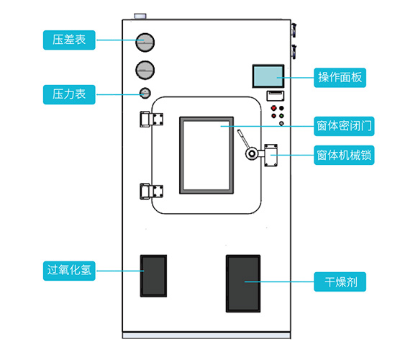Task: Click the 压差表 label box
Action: click(69, 40)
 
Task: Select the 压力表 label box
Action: click(69, 94)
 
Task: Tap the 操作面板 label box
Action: click(340, 78)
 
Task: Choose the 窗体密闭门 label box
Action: click(344, 126)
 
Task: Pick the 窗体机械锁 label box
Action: click(344, 155)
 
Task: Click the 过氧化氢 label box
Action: click(69, 271)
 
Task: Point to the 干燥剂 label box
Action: click(340, 282)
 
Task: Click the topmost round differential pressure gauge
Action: click(145, 42)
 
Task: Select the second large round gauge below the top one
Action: click(145, 70)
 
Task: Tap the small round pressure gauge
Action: click(145, 93)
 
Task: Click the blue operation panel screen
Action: click(268, 76)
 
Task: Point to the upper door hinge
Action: click(151, 119)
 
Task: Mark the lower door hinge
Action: click(151, 192)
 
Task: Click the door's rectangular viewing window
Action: click(206, 156)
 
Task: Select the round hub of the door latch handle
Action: click(251, 153)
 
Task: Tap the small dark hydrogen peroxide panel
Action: click(153, 276)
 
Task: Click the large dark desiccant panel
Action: click(243, 284)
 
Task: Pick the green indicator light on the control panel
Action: click(281, 116)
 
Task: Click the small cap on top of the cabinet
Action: click(140, 16)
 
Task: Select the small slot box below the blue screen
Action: click(276, 96)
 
